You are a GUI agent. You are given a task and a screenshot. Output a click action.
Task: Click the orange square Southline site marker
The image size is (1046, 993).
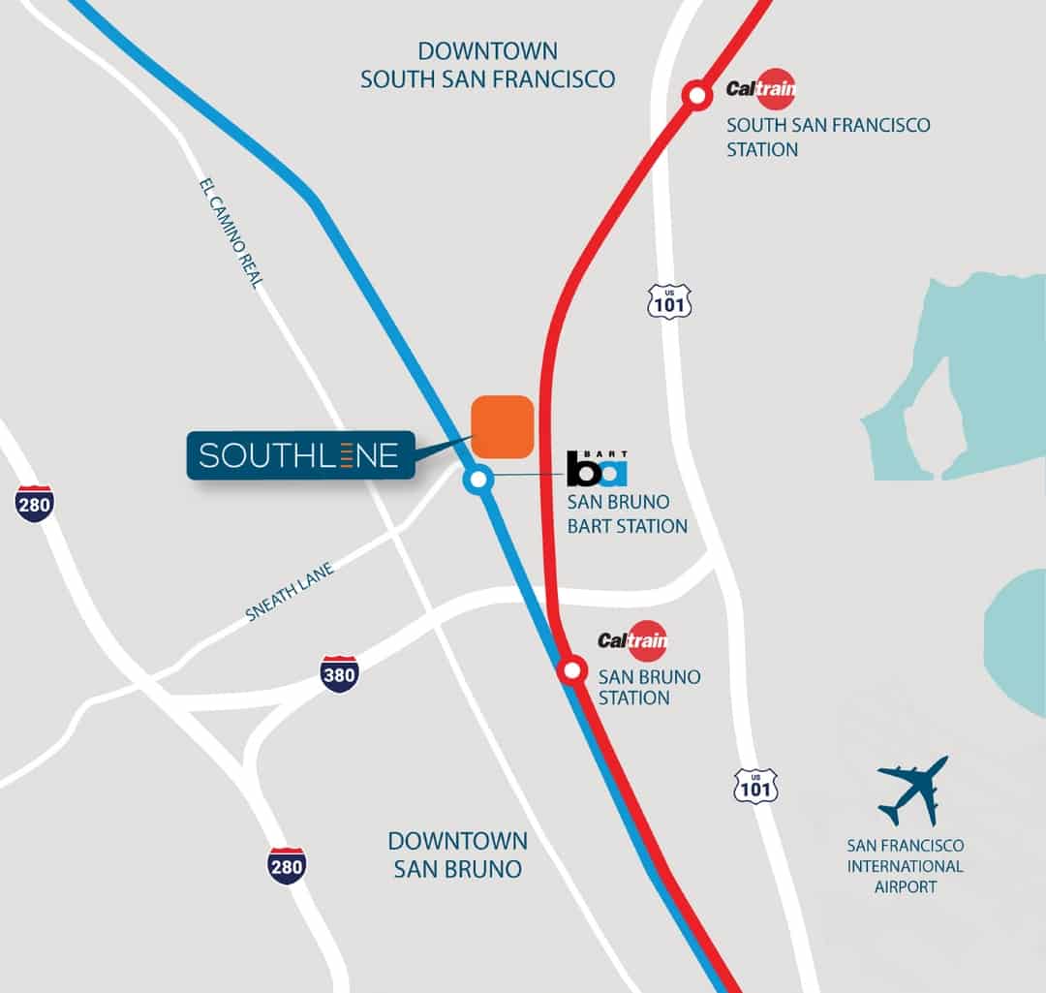click(x=502, y=426)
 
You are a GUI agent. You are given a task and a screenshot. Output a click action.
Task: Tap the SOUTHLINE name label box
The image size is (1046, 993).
click(x=299, y=455)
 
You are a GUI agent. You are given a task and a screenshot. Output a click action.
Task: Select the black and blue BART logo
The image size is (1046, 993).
click(x=597, y=468)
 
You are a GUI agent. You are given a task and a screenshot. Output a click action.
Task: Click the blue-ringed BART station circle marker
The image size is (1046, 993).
click(x=477, y=479)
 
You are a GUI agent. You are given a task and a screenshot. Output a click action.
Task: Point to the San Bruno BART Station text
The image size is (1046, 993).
click(x=627, y=515)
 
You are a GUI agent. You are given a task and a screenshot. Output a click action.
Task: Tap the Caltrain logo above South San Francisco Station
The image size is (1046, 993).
click(x=762, y=89)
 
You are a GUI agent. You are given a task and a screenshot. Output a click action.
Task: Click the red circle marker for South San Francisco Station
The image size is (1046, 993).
click(x=695, y=95)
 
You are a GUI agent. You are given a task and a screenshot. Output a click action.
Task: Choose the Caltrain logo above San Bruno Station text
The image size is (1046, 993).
click(x=633, y=640)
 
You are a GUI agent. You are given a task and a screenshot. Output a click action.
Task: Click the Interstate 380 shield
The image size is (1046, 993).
click(x=339, y=674)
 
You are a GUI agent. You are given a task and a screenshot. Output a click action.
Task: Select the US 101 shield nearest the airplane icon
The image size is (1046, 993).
click(x=755, y=786)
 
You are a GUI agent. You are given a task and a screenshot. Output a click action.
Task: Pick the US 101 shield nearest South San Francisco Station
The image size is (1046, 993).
click(x=669, y=302)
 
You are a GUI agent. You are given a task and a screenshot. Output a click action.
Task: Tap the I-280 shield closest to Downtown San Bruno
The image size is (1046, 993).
click(x=287, y=865)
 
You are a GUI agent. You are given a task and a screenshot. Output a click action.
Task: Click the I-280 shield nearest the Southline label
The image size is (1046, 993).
click(x=34, y=504)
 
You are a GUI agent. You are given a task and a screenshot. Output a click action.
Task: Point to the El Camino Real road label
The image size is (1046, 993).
click(x=232, y=233)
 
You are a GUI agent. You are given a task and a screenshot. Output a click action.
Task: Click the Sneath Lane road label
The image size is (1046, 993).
click(x=290, y=592)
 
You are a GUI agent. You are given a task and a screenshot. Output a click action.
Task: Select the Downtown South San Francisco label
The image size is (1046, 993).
click(x=487, y=65)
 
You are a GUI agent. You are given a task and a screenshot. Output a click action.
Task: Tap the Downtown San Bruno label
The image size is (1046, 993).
click(x=457, y=853)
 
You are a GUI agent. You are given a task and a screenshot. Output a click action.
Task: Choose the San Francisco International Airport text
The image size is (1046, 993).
click(x=905, y=865)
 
